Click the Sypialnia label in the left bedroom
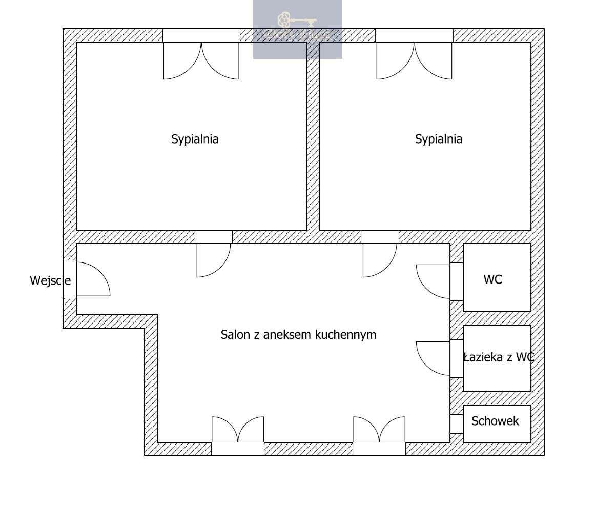point(195,139)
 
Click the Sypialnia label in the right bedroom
point(439,139)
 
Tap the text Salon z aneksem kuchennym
point(298,335)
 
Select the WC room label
point(492,279)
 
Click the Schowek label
point(495,421)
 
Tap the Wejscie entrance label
point(50,280)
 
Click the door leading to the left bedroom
point(213,259)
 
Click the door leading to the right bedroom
point(379,259)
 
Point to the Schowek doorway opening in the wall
point(457,424)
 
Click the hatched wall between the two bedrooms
point(313,136)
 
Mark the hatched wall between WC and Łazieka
point(497,318)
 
